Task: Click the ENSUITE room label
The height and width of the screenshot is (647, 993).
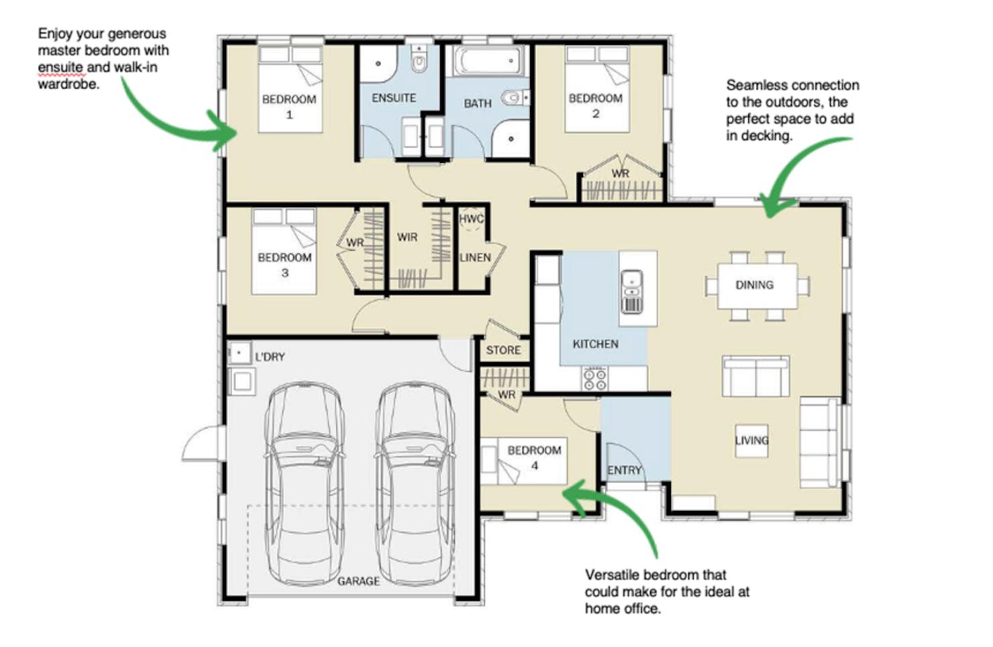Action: coord(394,98)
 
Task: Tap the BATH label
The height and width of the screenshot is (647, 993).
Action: coord(478,104)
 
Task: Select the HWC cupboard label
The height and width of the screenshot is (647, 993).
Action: coord(472,219)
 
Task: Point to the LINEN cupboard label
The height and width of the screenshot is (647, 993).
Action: coord(475,257)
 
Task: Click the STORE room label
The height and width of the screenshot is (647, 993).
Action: coord(503,350)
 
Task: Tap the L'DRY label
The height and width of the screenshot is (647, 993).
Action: coord(270,357)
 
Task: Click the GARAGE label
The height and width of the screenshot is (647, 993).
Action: coord(358,581)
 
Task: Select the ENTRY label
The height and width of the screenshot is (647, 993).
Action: coord(624,470)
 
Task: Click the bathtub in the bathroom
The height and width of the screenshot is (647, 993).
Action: coord(488,60)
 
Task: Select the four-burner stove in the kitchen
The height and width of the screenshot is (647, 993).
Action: coord(595,379)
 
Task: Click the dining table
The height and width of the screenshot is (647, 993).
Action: coord(757,286)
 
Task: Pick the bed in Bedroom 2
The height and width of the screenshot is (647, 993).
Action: coord(597,89)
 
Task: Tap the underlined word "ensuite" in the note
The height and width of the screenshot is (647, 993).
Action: coord(61,67)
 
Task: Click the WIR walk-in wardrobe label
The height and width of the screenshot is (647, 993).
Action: coord(407,237)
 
